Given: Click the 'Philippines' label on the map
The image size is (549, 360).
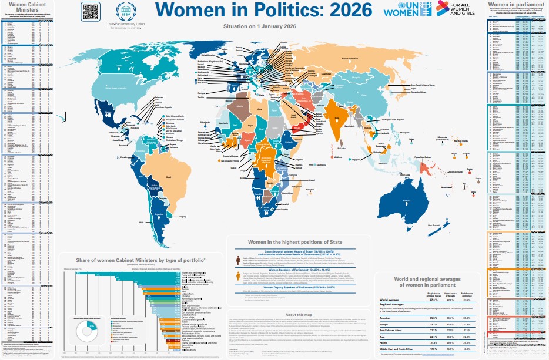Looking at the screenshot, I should pos(404,132).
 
